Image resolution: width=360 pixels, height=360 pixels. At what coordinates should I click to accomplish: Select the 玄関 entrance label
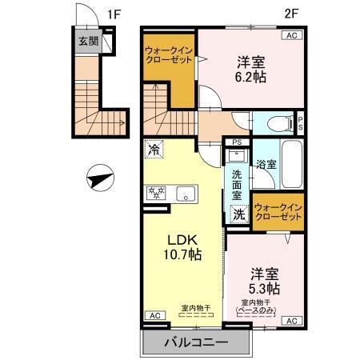pyautogui.click(x=88, y=42)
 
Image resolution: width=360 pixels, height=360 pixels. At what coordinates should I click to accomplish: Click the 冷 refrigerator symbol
pyautogui.click(x=154, y=148)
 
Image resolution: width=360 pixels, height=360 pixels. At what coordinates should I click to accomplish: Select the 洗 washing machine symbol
pyautogui.click(x=239, y=214)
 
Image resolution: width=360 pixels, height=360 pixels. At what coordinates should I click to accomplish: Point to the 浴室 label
pyautogui.click(x=266, y=166)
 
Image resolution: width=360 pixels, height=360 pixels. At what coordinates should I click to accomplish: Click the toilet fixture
pyautogui.click(x=279, y=124)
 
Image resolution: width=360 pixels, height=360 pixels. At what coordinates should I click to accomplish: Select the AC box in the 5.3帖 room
pyautogui.click(x=291, y=321)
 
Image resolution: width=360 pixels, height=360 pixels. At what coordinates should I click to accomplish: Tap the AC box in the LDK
pyautogui.click(x=152, y=316)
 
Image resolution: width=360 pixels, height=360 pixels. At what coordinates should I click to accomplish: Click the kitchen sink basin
pyautogui.click(x=186, y=193)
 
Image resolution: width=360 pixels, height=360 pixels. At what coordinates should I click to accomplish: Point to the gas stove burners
pyautogui.click(x=155, y=193)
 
